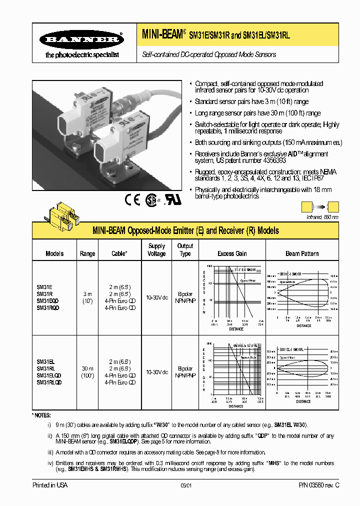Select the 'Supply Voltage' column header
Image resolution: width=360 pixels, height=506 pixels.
tap(156, 249)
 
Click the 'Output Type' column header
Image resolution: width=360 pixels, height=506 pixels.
tap(185, 249)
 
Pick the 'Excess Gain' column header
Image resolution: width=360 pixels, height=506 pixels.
tap(232, 253)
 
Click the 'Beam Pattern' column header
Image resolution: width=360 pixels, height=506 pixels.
tap(302, 253)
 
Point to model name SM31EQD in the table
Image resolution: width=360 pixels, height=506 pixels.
tap(48, 301)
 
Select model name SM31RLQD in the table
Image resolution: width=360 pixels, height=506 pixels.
tap(49, 382)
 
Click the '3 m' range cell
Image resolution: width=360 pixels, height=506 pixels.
tap(87, 294)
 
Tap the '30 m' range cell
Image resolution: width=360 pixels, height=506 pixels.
tap(87, 368)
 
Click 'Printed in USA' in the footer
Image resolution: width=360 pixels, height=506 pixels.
tap(50, 485)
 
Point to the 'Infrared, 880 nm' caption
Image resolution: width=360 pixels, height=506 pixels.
tap(322, 217)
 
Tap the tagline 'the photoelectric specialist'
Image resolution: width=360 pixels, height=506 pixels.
tap(82, 54)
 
